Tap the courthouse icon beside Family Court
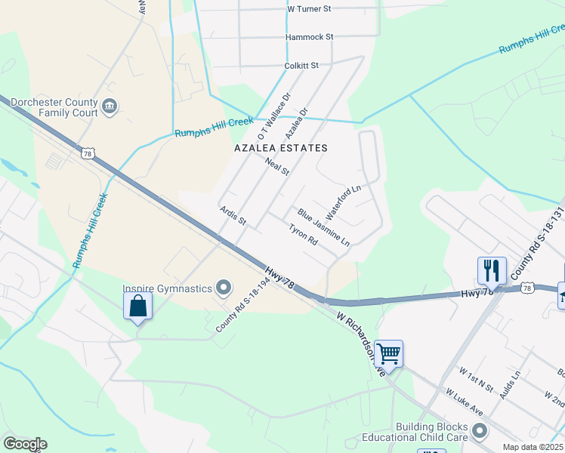tap(110, 105)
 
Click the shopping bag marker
tap(137, 307)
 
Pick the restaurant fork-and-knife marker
tap(491, 271)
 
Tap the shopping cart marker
tap(387, 353)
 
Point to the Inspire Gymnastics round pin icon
tap(223, 288)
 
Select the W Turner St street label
tap(310, 9)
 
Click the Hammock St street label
tap(309, 36)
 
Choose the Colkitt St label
tap(301, 66)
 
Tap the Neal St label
tap(277, 167)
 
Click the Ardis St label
tap(233, 216)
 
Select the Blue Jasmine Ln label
tap(323, 227)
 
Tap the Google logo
tap(24, 444)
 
